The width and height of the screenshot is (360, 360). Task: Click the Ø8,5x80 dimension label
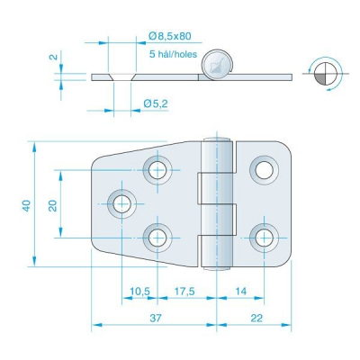[170, 36]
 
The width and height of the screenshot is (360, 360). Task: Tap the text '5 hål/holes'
[173, 54]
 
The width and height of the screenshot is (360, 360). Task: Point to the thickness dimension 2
[54, 56]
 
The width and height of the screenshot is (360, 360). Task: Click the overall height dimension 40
[27, 205]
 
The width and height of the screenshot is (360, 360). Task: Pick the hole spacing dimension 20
[53, 206]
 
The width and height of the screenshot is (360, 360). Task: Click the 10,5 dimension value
[139, 291]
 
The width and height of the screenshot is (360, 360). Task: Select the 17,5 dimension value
[184, 291]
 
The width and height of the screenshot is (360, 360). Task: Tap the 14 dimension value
[241, 291]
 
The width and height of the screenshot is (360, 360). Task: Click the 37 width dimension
[156, 318]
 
